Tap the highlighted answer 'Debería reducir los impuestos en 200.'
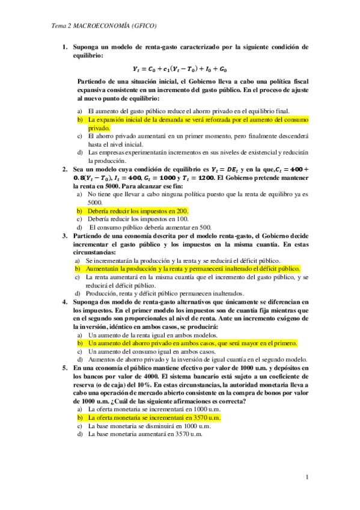point(138,210)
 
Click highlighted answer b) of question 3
point(192,269)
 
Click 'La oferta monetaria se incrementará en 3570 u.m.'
point(154,416)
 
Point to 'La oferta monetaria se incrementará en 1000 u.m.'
point(154,408)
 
